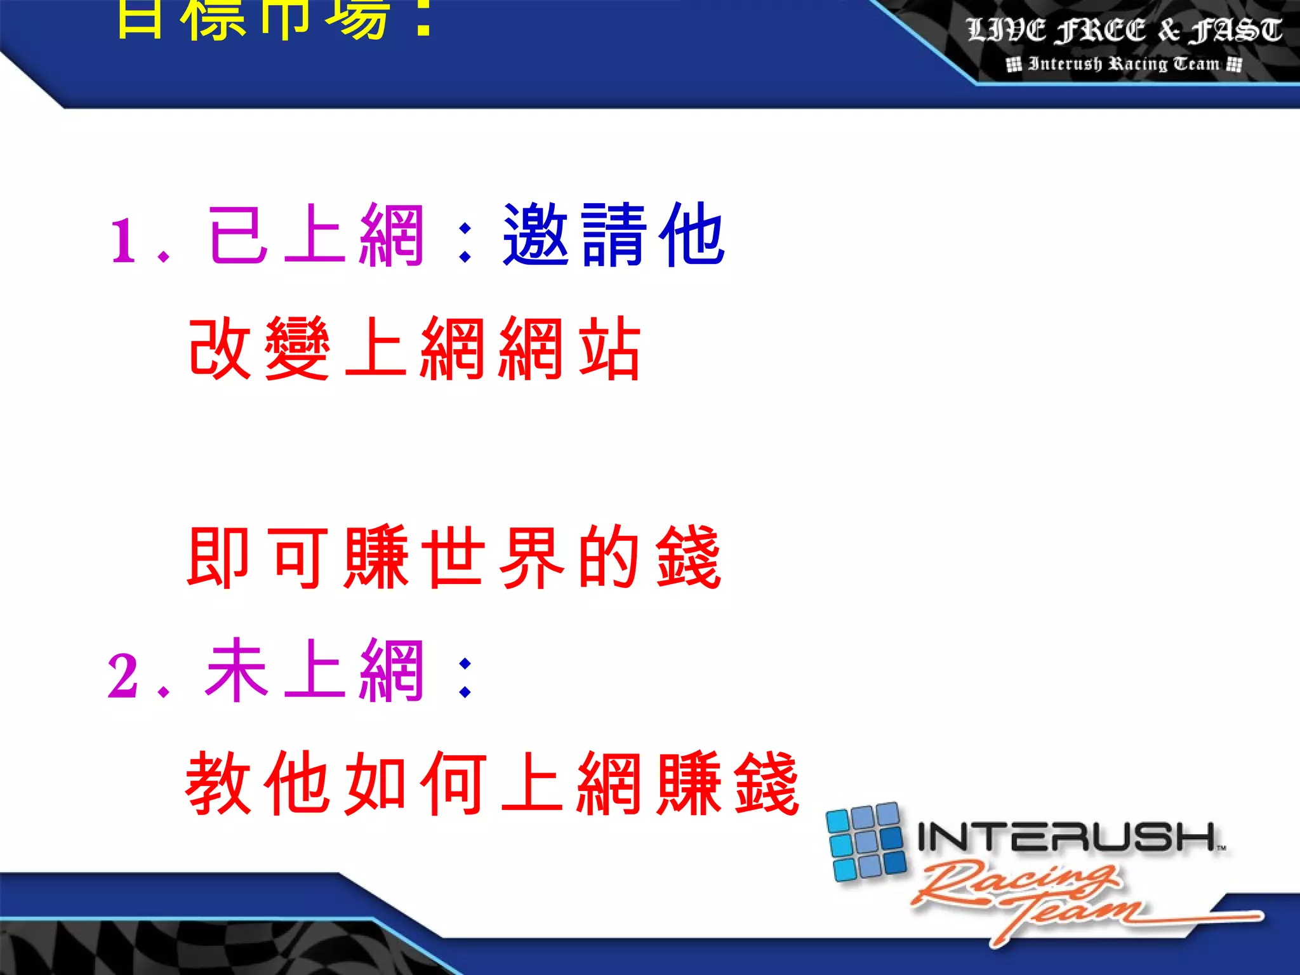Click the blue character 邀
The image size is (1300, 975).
pos(535,235)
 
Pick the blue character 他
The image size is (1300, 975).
pos(692,235)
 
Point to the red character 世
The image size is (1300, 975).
pos(453,557)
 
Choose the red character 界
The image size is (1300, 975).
pos(531,557)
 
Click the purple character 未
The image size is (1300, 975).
pos(236,670)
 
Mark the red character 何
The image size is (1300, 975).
pos(453,783)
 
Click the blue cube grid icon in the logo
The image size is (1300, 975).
pos(866,842)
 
